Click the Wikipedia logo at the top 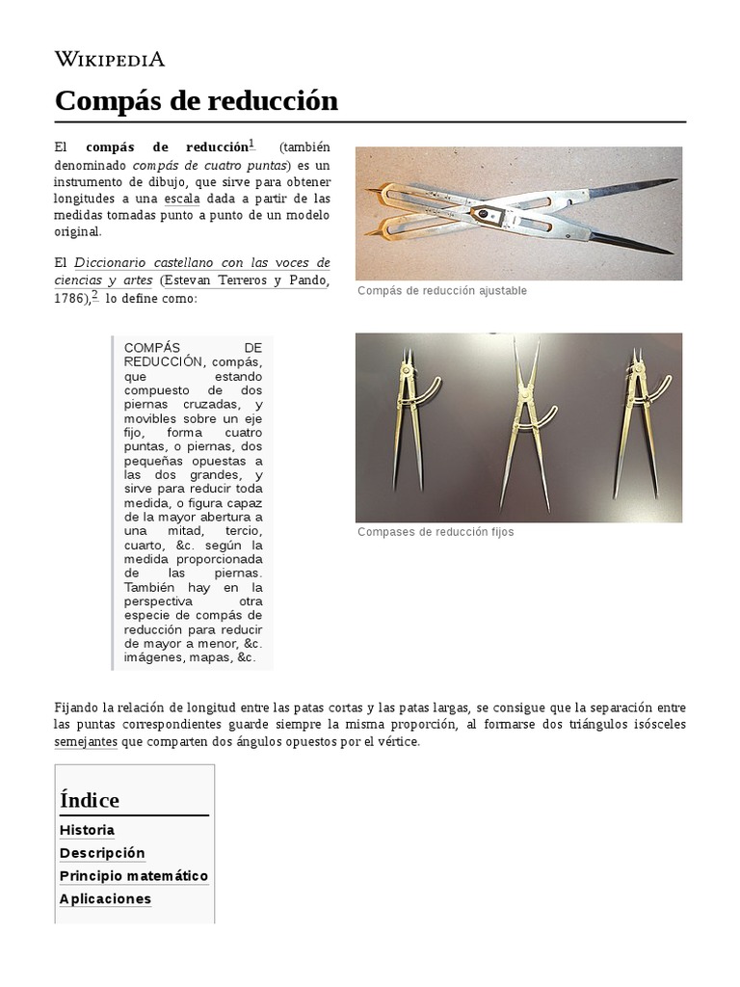point(110,59)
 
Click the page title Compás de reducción point(197,100)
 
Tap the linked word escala point(181,199)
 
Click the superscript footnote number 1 point(251,144)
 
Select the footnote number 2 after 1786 point(94,295)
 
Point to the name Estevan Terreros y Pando point(246,280)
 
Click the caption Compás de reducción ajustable point(441,291)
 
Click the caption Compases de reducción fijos point(436,532)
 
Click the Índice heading point(90,800)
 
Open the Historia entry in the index point(87,830)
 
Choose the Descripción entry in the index point(102,853)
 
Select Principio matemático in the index point(134,876)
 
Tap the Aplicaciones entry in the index point(105,899)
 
